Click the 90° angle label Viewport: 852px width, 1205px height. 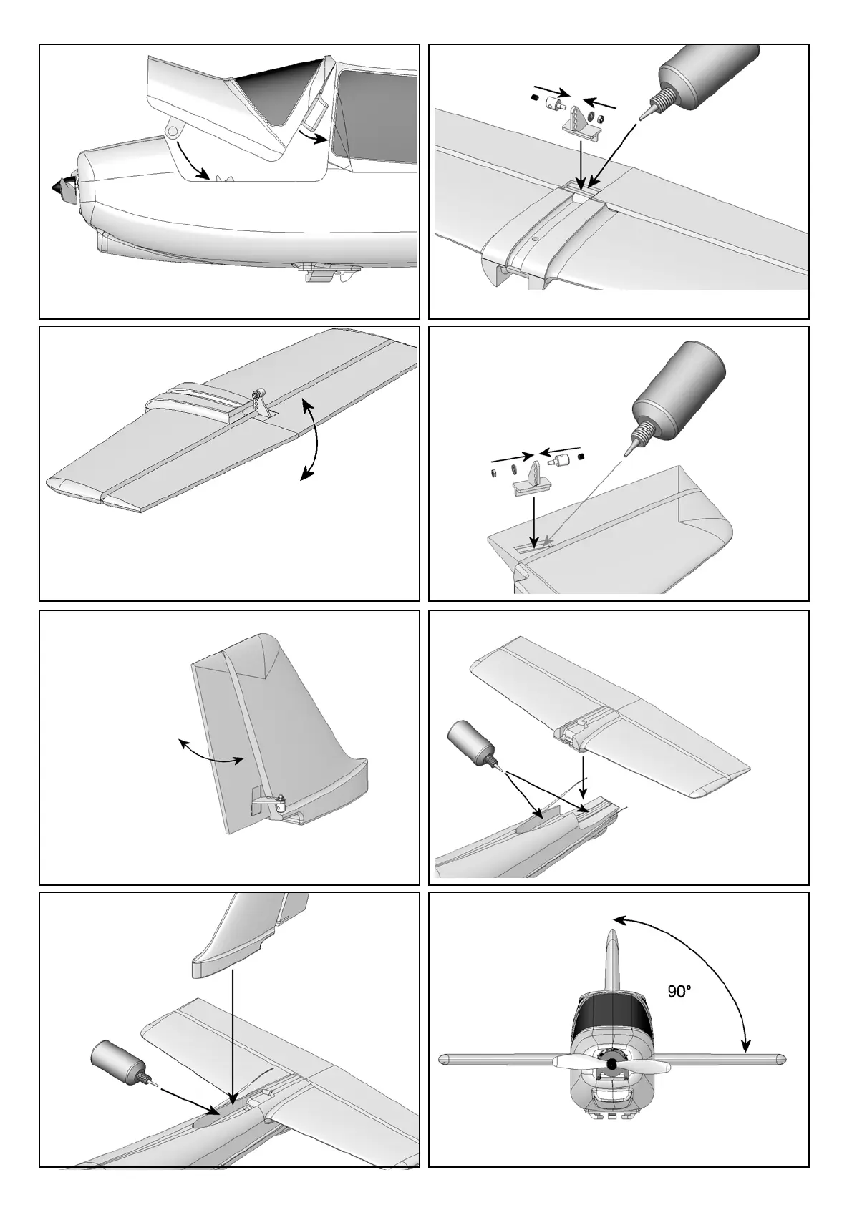pos(679,992)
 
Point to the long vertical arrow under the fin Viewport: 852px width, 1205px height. pos(232,1030)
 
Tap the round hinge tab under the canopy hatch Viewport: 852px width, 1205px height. pos(173,130)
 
